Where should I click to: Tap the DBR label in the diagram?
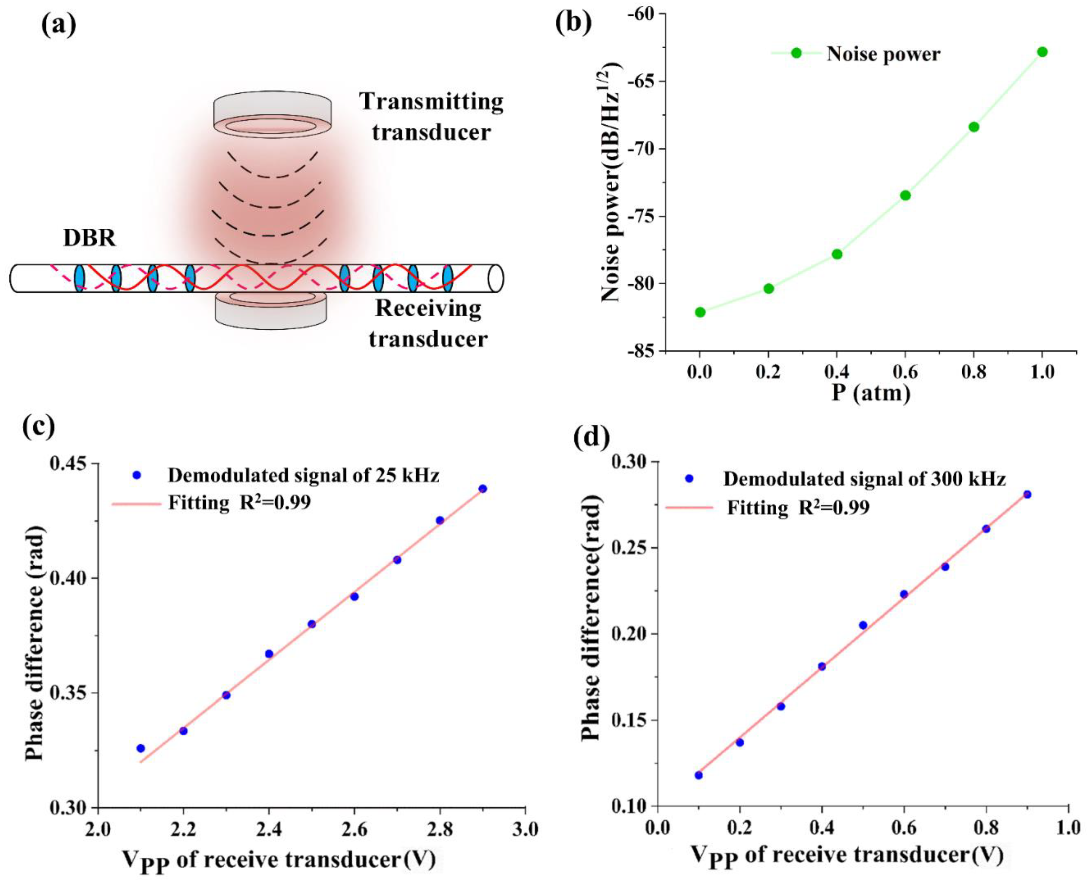(89, 238)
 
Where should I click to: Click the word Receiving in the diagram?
(428, 308)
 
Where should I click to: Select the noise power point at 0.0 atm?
(700, 312)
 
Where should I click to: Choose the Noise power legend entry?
(883, 53)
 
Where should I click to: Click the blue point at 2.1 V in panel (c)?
(140, 748)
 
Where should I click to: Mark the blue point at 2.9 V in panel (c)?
(483, 489)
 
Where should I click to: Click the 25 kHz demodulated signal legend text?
(303, 476)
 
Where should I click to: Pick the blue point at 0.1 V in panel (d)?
(699, 775)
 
